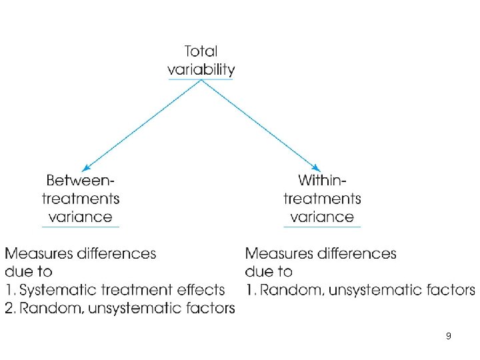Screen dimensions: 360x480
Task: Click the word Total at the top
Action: [x=201, y=51]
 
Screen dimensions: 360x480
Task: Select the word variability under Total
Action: [x=201, y=69]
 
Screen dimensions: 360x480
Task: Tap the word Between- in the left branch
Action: [x=80, y=180]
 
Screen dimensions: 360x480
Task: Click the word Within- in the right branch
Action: [x=322, y=180]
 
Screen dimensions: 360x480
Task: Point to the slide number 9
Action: [x=448, y=337]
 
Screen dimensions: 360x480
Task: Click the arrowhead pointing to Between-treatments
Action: [x=85, y=169]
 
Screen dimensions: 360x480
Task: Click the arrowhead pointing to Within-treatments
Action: [x=317, y=169]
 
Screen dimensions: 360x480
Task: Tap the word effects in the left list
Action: [x=200, y=290]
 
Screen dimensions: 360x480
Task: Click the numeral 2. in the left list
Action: [x=11, y=308]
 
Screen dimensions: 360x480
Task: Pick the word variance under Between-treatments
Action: [x=80, y=217]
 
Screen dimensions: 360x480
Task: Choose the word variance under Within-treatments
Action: [x=322, y=217]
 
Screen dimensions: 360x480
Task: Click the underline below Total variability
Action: [x=201, y=79]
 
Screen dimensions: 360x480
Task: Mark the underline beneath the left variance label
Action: [x=80, y=227]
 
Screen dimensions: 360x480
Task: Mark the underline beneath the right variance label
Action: [x=322, y=227]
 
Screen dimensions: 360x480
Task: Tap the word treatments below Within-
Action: [x=322, y=199]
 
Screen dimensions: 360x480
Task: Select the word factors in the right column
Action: [x=450, y=290]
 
